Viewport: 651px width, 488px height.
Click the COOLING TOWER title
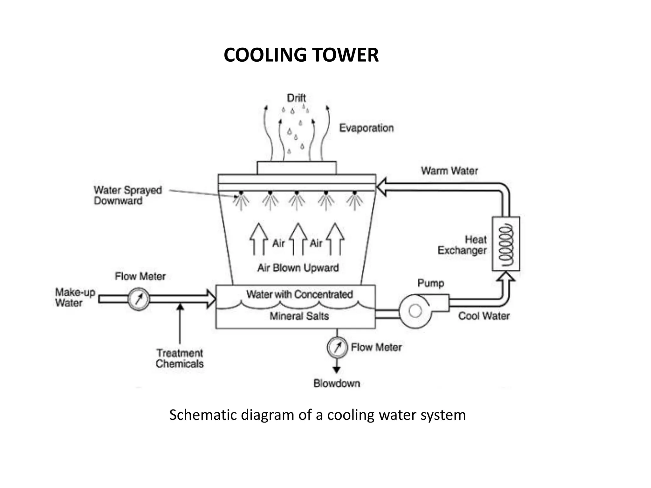point(301,55)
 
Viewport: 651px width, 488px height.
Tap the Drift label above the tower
point(296,98)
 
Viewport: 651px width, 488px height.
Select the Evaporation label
point(366,128)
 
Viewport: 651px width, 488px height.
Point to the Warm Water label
point(449,171)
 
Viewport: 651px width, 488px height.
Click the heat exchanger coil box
point(506,244)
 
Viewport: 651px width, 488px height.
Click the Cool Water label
point(483,316)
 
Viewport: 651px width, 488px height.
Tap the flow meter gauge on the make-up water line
point(139,299)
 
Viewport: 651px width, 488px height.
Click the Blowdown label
point(337,383)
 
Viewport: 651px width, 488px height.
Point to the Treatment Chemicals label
point(180,358)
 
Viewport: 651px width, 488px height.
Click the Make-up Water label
point(75,297)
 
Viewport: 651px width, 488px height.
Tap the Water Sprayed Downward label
point(127,195)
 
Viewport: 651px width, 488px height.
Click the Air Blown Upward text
point(298,268)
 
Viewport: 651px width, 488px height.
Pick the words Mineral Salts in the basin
point(299,316)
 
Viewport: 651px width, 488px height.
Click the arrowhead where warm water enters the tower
point(381,187)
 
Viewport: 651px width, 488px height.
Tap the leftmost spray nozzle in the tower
point(241,193)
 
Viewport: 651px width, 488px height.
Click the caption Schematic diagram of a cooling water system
point(317,415)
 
